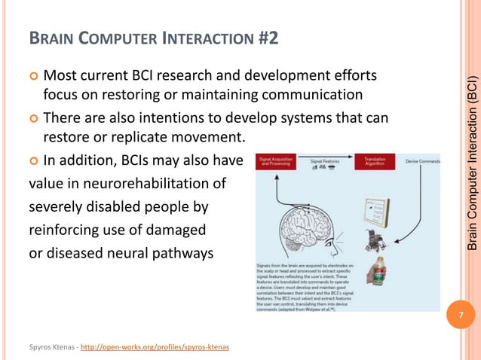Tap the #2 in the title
click(x=265, y=35)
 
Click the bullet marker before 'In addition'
click(x=33, y=160)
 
